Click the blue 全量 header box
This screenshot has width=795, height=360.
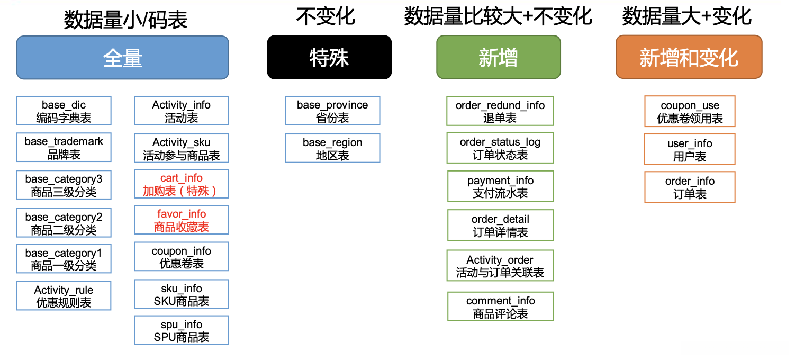tap(122, 58)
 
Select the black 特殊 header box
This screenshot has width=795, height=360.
tap(329, 58)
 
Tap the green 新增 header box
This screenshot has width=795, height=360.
tap(498, 58)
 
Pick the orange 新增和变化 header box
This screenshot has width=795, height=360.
tap(689, 58)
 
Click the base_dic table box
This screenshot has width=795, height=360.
tap(64, 111)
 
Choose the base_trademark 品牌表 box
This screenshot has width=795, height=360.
tap(64, 148)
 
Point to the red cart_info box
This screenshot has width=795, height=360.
tap(181, 184)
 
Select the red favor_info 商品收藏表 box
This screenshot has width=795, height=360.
tap(181, 220)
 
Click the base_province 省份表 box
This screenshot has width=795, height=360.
tap(332, 111)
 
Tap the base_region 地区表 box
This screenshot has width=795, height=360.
tap(332, 149)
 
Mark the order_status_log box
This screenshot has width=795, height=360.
tap(500, 148)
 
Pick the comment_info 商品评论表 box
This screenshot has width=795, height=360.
tap(500, 307)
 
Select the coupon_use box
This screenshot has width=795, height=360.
tap(690, 112)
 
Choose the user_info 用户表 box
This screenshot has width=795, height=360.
tap(690, 150)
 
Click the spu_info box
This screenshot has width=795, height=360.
tap(181, 330)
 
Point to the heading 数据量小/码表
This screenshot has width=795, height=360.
tap(125, 20)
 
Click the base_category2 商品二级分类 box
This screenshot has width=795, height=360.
tap(64, 223)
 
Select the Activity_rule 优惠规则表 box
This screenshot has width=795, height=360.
tap(64, 296)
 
